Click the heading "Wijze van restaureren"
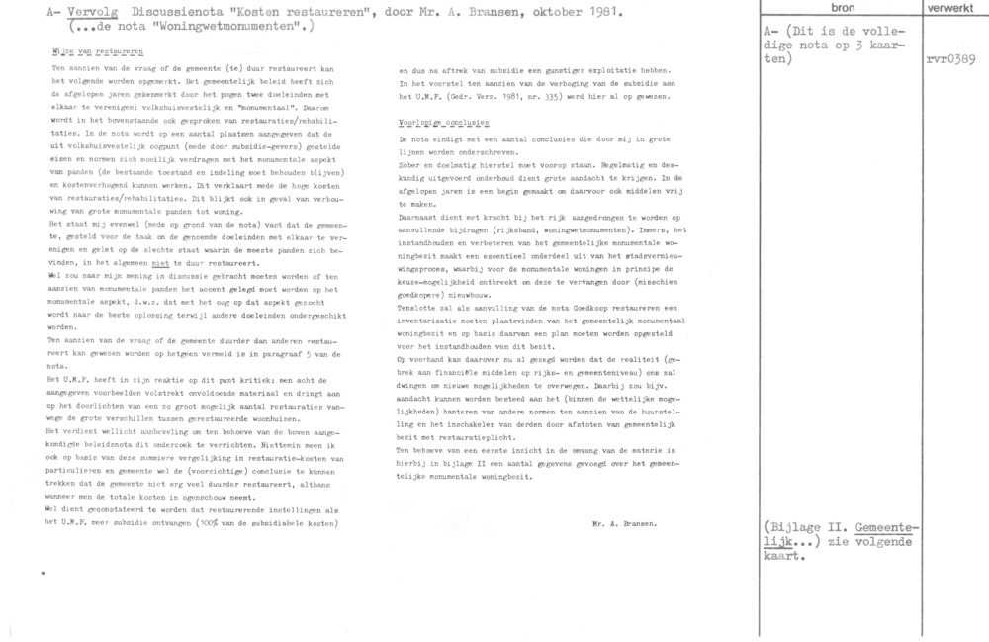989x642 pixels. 96,49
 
